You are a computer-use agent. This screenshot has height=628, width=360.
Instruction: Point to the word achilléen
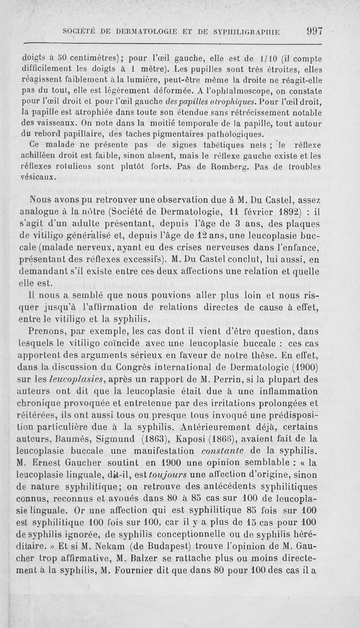click(42, 156)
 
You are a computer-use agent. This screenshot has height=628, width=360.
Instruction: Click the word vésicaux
click(40, 177)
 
